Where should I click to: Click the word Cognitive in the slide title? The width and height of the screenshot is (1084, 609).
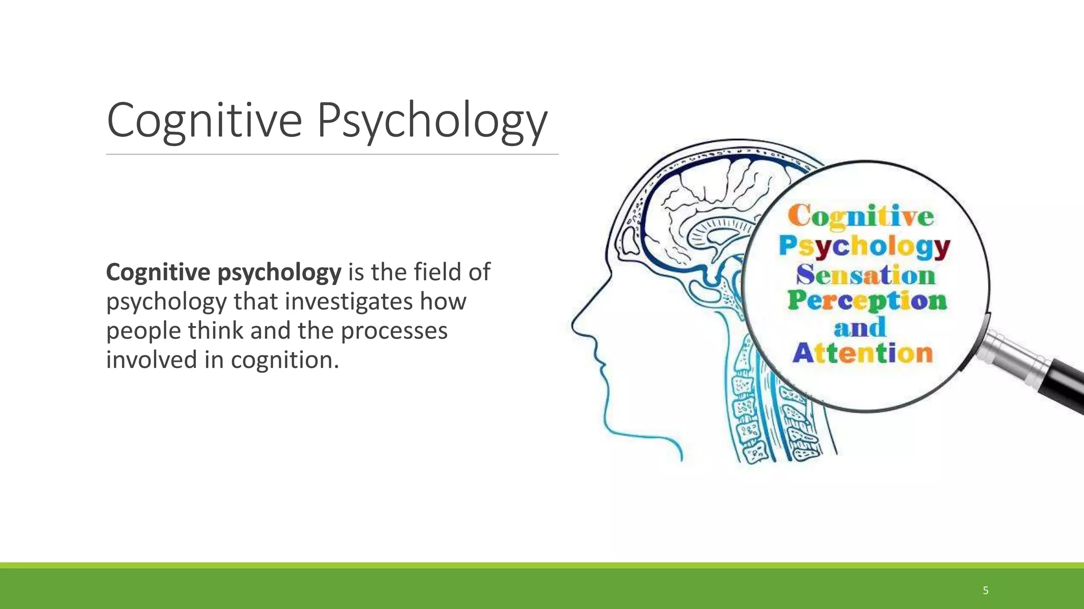tap(204, 121)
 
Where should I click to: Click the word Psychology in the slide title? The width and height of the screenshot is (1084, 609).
tap(432, 121)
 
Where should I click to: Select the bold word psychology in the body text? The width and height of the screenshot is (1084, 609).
tap(279, 273)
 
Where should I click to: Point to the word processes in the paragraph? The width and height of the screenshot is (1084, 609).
tap(394, 331)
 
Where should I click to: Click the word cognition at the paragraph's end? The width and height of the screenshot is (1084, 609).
tap(284, 360)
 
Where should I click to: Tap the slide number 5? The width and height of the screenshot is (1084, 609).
tap(986, 590)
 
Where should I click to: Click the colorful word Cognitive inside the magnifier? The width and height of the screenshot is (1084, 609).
tap(861, 217)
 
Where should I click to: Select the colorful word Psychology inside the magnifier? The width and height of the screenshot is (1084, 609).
tap(864, 246)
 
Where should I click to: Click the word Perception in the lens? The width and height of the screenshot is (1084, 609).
tap(867, 301)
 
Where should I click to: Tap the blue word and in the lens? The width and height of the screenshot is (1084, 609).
tap(860, 327)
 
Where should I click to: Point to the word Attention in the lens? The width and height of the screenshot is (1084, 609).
tap(862, 353)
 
